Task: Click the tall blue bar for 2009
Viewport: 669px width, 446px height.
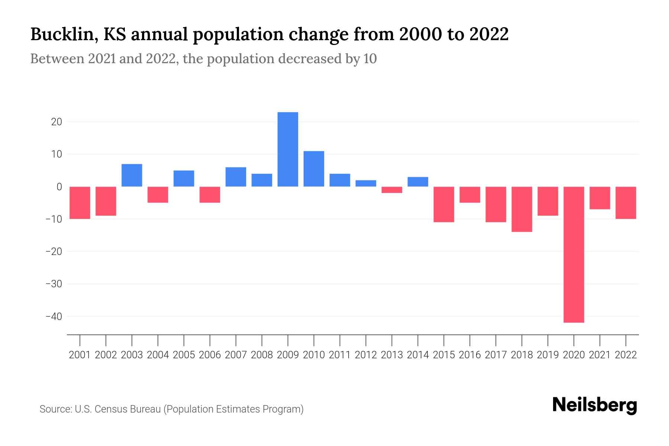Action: [x=288, y=149]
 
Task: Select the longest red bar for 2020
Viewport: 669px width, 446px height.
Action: [x=574, y=254]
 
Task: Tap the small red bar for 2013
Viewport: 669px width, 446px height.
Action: [x=392, y=190]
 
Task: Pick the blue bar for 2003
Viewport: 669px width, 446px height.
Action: [x=132, y=175]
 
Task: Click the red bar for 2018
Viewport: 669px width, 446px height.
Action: [x=522, y=209]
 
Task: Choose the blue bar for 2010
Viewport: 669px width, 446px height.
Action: [x=314, y=169]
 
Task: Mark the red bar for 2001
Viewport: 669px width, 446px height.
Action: [x=80, y=203]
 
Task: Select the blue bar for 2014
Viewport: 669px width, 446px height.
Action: [x=418, y=182]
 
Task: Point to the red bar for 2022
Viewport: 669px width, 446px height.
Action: [x=626, y=203]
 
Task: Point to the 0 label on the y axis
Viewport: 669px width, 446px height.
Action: [x=59, y=187]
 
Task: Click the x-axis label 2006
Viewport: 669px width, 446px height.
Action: [x=210, y=355]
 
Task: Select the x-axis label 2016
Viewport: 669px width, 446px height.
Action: [x=470, y=355]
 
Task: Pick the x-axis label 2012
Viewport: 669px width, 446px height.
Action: [x=366, y=355]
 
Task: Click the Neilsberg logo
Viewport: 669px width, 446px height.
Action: [x=595, y=405]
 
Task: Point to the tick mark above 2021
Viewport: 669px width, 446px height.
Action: [x=600, y=340]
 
